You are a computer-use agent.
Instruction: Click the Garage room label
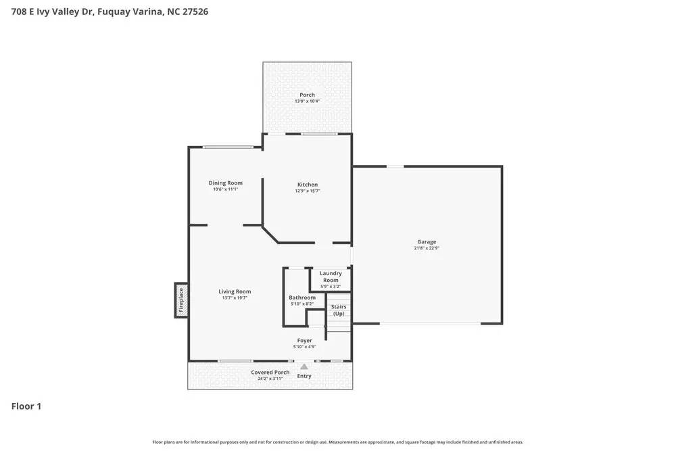(x=426, y=241)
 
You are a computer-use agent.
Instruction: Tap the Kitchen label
(x=308, y=185)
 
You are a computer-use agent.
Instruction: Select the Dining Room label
(x=225, y=183)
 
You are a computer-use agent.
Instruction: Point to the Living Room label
(x=235, y=291)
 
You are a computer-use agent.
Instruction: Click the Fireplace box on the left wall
(x=180, y=300)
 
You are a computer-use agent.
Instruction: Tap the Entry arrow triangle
(x=304, y=367)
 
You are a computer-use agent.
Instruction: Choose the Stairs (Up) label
(x=339, y=310)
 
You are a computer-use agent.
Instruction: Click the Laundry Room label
(x=331, y=277)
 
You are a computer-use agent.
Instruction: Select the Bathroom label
(x=302, y=298)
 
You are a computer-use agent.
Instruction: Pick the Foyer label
(x=304, y=341)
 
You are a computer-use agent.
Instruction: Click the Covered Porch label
(x=270, y=373)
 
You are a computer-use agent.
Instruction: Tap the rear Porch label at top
(x=307, y=95)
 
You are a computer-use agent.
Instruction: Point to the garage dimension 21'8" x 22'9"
(x=426, y=248)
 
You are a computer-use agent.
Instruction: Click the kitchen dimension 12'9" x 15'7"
(x=308, y=191)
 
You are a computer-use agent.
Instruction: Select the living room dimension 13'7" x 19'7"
(x=235, y=298)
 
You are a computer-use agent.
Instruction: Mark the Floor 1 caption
(x=26, y=406)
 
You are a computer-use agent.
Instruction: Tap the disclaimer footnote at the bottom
(x=337, y=442)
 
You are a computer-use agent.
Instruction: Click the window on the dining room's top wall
(x=228, y=147)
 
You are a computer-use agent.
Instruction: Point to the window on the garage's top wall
(x=395, y=166)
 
